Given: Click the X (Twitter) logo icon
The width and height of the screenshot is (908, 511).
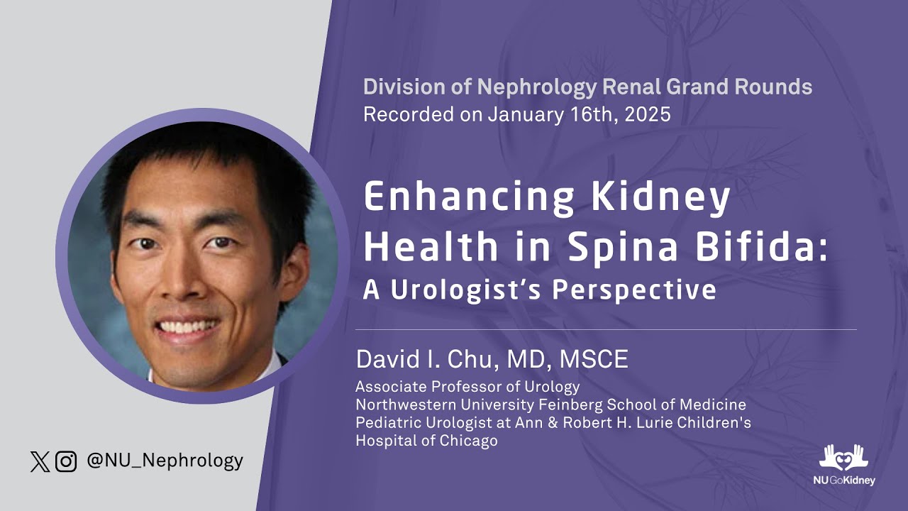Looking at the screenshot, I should point(40,462).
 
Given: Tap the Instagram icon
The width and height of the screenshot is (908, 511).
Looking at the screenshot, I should point(66,462).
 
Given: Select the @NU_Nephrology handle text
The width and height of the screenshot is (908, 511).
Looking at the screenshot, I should point(165,461).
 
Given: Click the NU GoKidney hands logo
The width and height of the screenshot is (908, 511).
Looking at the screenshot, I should point(843,458).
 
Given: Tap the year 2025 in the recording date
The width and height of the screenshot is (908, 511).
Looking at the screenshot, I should point(648,114).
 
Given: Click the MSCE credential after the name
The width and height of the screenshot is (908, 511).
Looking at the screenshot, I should point(594,359).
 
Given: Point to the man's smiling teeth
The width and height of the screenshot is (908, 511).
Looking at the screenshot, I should point(189,326).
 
